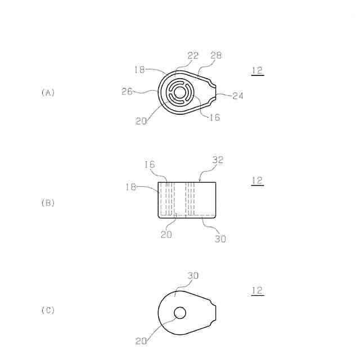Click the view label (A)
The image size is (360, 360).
[48, 93]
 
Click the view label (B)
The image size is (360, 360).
[48, 203]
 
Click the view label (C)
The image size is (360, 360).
[48, 310]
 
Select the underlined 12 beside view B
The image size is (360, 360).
[258, 181]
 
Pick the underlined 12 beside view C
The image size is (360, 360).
[258, 291]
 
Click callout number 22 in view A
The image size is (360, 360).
[193, 56]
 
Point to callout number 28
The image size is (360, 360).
[216, 55]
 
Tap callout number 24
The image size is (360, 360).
[238, 96]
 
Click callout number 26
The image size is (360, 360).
[127, 91]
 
